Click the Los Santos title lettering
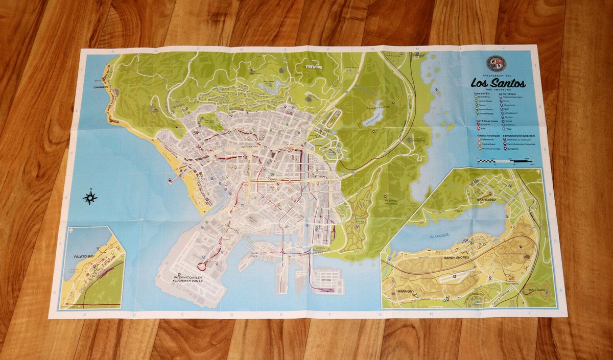498,83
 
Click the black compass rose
90,197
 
